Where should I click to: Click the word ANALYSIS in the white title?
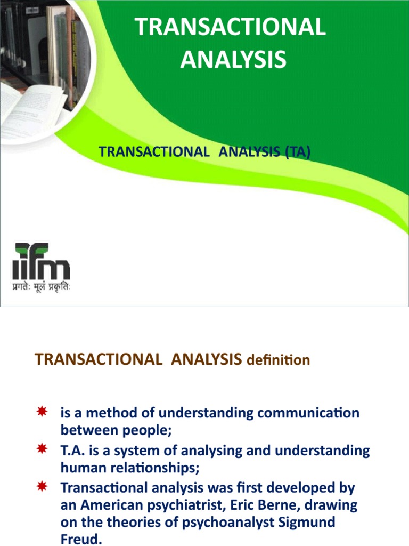233,59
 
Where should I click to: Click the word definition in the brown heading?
277,360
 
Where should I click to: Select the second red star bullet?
42,450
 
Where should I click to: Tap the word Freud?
80,540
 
